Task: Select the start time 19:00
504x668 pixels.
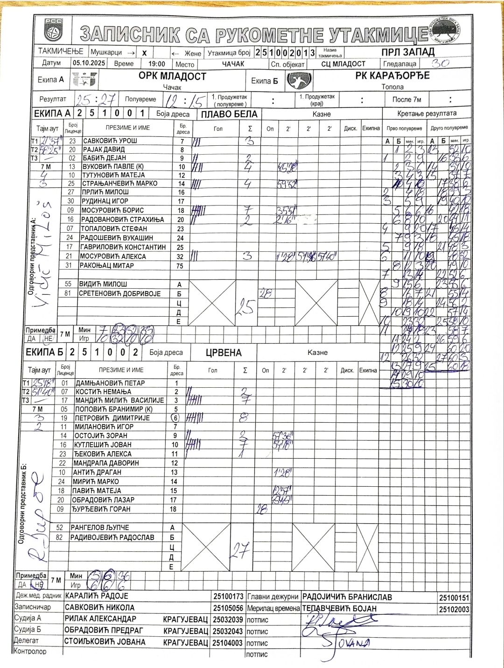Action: (x=157, y=64)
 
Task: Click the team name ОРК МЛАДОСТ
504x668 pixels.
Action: (x=172, y=76)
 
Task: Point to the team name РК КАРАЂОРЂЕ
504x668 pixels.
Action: (x=392, y=75)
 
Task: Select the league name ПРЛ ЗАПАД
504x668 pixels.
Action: (x=411, y=51)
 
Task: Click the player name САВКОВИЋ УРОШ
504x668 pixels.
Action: (x=110, y=141)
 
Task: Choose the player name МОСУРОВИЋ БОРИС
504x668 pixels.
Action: (x=112, y=210)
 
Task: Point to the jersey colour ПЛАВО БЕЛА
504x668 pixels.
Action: (x=229, y=114)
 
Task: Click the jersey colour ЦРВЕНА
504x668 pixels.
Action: (x=224, y=353)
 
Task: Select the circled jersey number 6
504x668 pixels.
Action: (x=176, y=418)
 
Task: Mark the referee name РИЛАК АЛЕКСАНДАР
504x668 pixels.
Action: (x=100, y=619)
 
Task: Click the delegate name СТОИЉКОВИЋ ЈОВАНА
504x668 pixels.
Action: (x=105, y=642)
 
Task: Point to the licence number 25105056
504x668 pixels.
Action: (x=229, y=608)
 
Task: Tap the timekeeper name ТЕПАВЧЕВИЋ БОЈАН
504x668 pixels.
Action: (x=339, y=609)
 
